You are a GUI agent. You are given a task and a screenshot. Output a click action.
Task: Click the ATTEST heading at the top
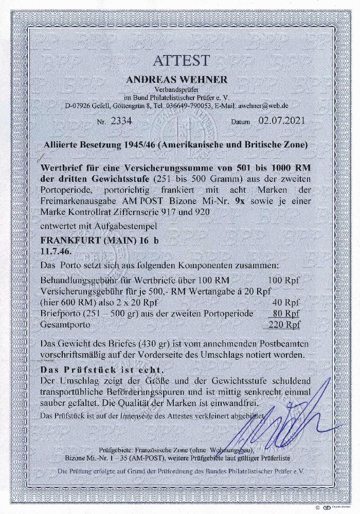[180, 60]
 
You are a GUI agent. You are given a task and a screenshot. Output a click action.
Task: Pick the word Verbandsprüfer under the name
[180, 89]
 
